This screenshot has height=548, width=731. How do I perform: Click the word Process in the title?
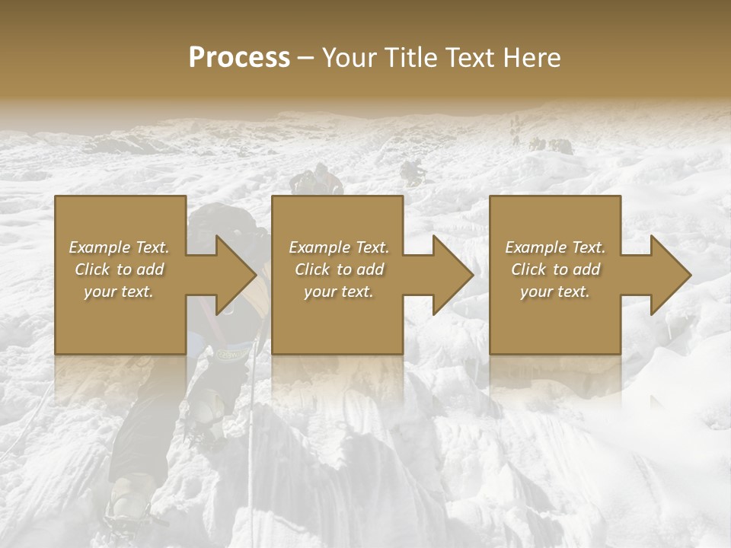click(239, 57)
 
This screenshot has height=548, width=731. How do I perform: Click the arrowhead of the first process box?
click(232, 275)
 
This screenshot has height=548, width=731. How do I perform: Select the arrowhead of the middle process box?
click(450, 275)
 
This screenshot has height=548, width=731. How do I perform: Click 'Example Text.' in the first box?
click(120, 247)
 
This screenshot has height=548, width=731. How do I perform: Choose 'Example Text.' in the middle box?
click(339, 247)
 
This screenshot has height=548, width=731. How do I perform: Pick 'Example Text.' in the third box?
click(555, 247)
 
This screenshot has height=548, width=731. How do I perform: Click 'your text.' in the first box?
click(120, 292)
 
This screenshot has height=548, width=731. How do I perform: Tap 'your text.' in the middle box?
click(339, 292)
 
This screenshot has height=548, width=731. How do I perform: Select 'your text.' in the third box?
click(555, 292)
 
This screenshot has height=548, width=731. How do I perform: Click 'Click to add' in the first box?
click(120, 269)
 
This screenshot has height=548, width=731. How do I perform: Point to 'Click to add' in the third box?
click(555, 269)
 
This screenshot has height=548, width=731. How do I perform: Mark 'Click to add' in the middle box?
click(339, 269)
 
